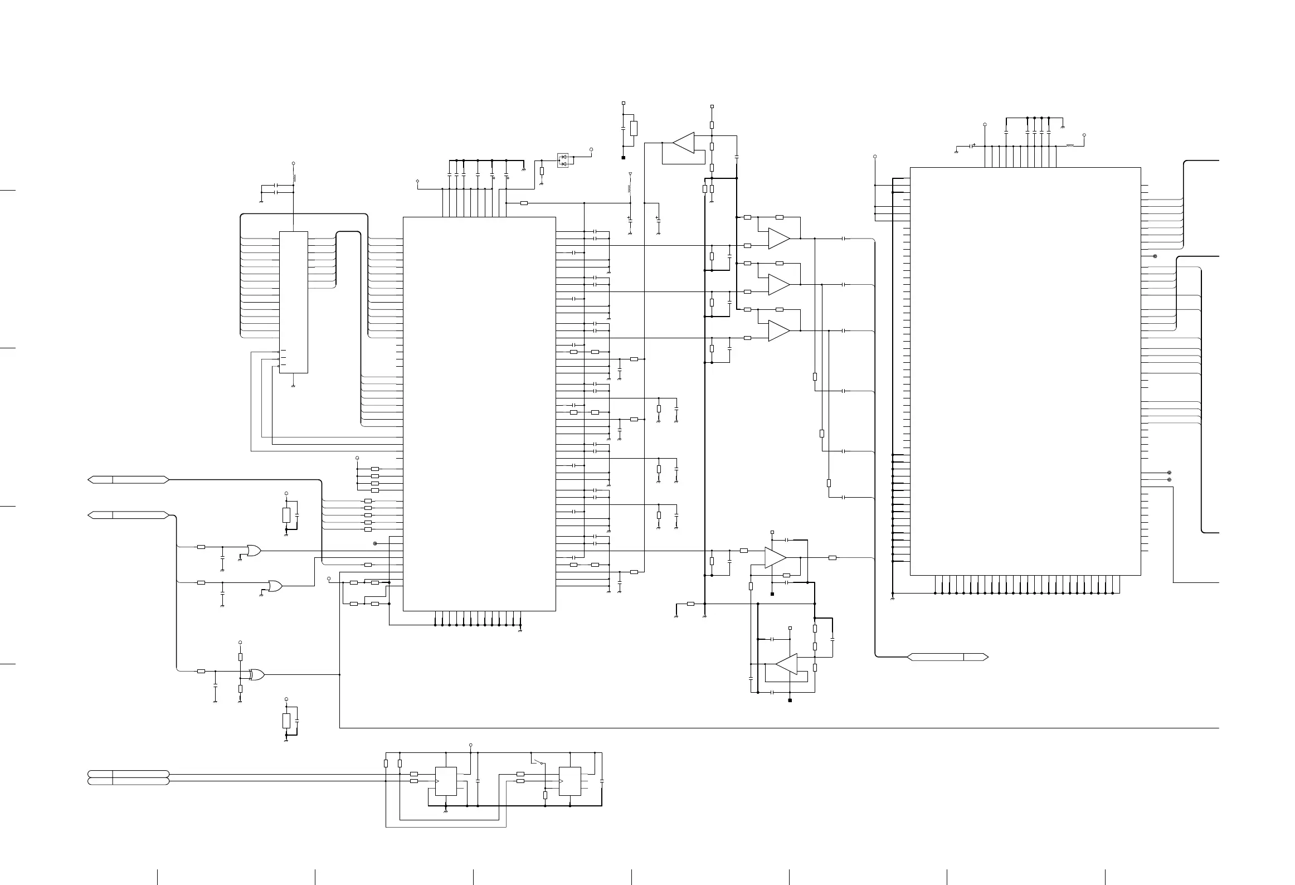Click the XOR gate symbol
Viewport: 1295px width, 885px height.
(257, 674)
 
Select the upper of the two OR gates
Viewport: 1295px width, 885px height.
(254, 551)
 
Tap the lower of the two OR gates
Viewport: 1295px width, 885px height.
(275, 586)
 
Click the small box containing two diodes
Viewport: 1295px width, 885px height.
(563, 161)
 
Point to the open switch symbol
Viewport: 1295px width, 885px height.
(538, 762)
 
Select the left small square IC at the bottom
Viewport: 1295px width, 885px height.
(445, 781)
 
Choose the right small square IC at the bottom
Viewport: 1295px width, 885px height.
(569, 781)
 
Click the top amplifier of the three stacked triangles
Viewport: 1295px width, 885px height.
(778, 239)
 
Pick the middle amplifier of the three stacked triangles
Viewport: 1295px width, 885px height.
(778, 284)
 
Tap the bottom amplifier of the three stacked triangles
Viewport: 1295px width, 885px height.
(778, 330)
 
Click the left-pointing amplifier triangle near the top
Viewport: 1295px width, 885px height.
(684, 143)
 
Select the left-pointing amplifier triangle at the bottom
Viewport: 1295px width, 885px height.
(787, 664)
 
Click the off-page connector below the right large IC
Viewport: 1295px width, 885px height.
(948, 657)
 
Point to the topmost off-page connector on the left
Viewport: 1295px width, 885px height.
(128, 479)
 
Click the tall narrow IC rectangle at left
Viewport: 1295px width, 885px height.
(293, 302)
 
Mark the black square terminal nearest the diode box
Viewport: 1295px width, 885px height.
(623, 158)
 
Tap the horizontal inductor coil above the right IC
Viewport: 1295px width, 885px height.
(1070, 146)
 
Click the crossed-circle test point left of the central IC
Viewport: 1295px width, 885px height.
(375, 543)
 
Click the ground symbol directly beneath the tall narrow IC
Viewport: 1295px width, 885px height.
(293, 385)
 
